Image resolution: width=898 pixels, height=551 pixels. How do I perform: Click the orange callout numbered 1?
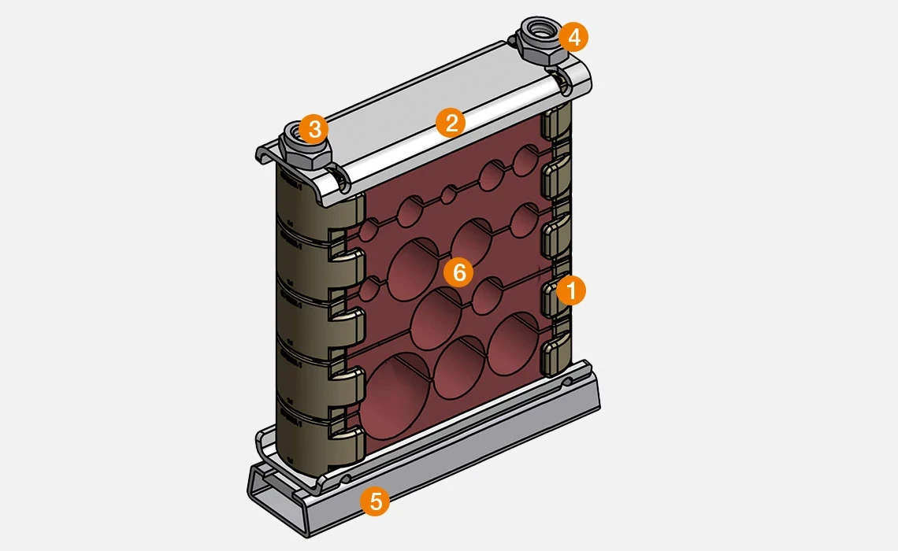(570, 290)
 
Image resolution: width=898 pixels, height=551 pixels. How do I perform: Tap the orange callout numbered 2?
(451, 123)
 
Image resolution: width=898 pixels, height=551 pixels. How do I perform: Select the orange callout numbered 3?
(314, 129)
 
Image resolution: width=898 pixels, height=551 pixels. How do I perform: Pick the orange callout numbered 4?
(573, 37)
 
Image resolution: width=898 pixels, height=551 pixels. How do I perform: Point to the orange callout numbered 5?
(375, 501)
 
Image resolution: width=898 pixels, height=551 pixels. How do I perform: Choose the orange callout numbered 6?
(458, 272)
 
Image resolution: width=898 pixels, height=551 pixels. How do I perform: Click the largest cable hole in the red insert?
(395, 396)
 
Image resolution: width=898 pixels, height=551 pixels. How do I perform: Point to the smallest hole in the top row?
(450, 194)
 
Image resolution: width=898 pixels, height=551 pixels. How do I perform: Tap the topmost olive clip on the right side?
(555, 121)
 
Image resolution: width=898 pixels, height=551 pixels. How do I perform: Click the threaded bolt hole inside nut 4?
(538, 27)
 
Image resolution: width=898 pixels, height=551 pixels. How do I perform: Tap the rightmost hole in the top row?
(525, 161)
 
